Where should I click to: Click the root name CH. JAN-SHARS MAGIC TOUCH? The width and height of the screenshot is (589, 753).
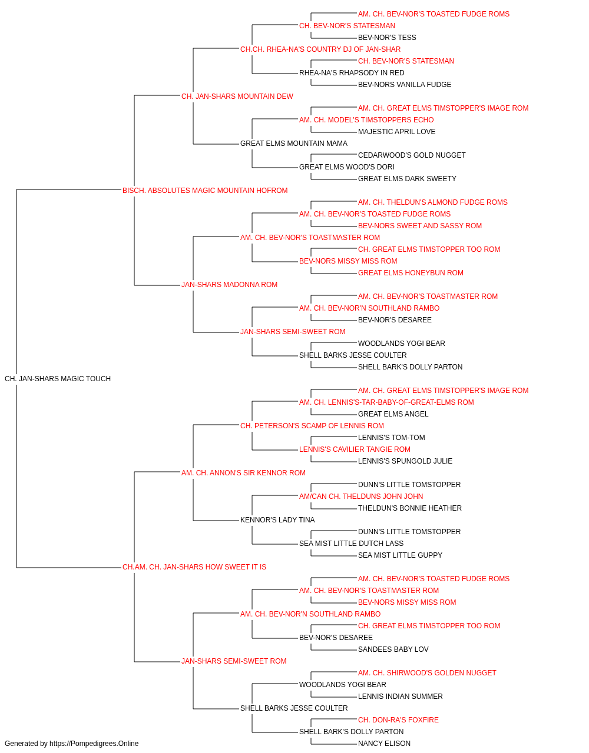point(58,379)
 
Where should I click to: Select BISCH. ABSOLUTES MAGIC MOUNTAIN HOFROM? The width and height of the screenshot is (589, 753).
point(205,191)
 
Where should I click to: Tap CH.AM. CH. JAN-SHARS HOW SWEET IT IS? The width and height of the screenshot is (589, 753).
point(194,567)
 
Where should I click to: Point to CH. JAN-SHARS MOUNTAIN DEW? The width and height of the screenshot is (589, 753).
point(237,96)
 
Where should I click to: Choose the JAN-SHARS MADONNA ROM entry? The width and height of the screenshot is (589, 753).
point(229,285)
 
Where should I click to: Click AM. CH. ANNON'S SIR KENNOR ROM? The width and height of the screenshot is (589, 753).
point(243,473)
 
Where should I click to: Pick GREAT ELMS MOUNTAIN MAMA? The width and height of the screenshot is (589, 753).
point(294,144)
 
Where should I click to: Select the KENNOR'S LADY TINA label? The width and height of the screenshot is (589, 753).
point(277,520)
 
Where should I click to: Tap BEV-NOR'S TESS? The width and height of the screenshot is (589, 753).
point(387,38)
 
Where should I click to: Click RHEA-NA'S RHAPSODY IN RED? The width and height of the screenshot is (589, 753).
point(352,73)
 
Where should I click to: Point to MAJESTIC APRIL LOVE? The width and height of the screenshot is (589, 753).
point(396,132)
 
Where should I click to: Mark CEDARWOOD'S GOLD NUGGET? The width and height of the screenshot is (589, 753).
point(412,155)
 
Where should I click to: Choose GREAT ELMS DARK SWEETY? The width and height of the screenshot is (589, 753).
point(407,179)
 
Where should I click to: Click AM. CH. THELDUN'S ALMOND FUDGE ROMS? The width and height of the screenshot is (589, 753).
point(432,202)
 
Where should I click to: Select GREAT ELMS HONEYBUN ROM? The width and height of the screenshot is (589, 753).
point(411,273)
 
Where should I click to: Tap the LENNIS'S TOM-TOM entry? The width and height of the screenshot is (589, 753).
point(391,438)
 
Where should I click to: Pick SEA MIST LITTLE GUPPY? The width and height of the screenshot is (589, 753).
point(400,555)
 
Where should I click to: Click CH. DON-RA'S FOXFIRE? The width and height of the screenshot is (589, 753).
point(398,720)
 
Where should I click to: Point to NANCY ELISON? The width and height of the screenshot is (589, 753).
point(384,744)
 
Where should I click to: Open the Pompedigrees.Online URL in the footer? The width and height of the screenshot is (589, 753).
point(94,744)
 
